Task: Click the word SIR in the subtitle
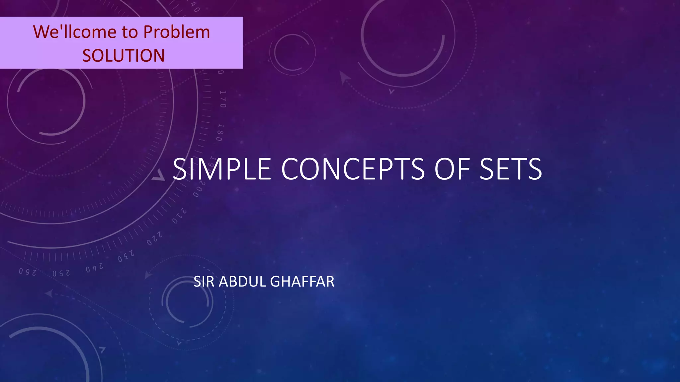click(x=204, y=282)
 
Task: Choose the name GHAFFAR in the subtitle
click(x=302, y=282)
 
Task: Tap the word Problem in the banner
click(x=177, y=32)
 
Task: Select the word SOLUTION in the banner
click(x=124, y=55)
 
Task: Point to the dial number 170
click(x=223, y=99)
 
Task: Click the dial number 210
click(x=179, y=216)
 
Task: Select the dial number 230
click(x=126, y=256)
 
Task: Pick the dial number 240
click(x=95, y=268)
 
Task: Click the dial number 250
click(x=61, y=273)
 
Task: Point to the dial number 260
click(x=27, y=272)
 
